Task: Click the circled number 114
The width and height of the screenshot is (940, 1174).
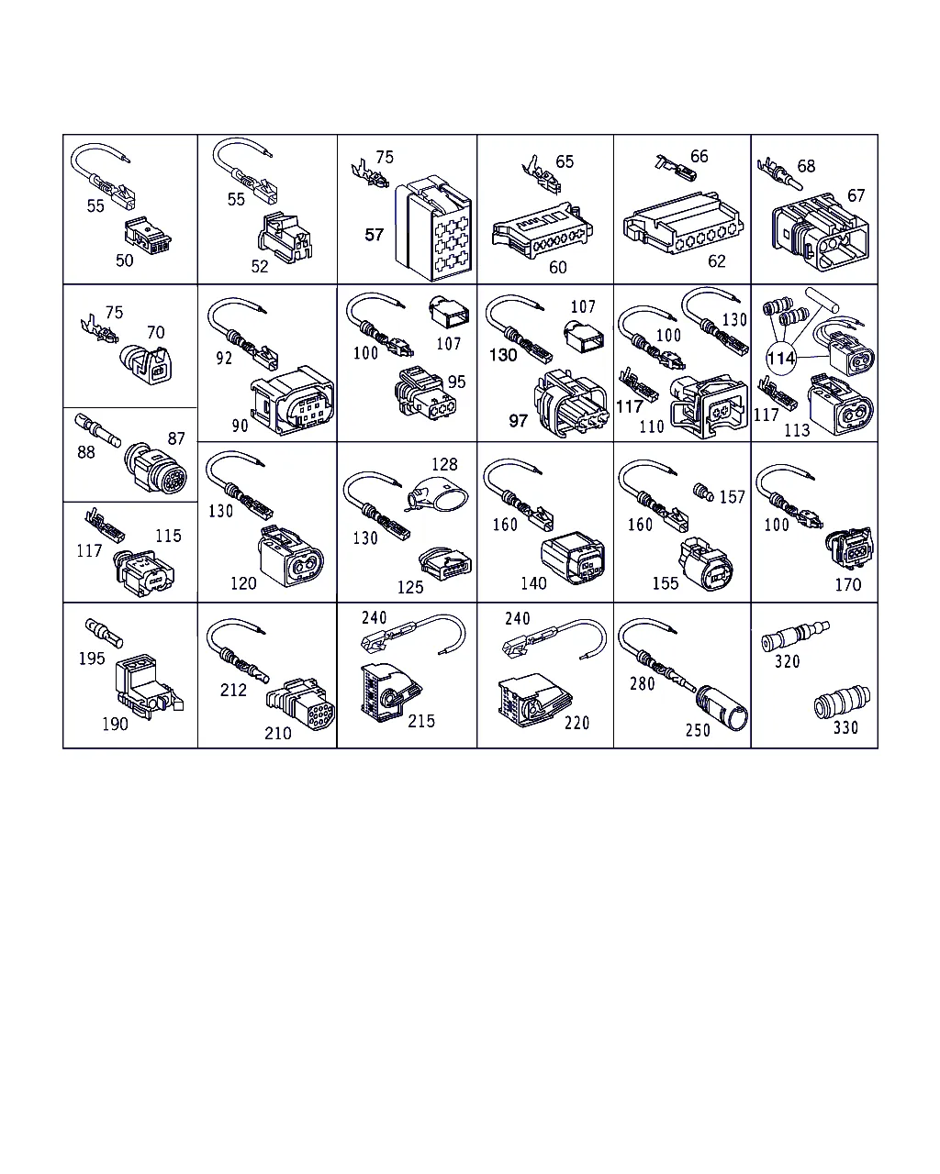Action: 780,359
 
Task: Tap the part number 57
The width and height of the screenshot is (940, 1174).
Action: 375,235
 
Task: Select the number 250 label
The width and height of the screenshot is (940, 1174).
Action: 698,730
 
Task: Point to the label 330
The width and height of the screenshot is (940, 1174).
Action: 845,727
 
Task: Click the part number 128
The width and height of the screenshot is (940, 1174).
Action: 444,464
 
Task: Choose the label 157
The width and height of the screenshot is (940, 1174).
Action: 732,497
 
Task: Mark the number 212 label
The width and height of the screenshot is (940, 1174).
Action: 233,690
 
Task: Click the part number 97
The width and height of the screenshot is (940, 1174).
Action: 519,421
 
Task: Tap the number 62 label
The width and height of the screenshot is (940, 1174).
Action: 717,261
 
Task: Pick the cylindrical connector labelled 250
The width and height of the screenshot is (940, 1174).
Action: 722,708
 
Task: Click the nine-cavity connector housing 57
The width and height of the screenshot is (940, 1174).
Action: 433,228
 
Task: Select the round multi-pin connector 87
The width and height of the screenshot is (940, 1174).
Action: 156,468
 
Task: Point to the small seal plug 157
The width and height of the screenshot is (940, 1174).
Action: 703,493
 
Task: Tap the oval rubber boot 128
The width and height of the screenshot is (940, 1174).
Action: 439,494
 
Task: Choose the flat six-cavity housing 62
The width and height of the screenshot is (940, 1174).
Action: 683,223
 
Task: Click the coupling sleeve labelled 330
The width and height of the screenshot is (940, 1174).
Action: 842,703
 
